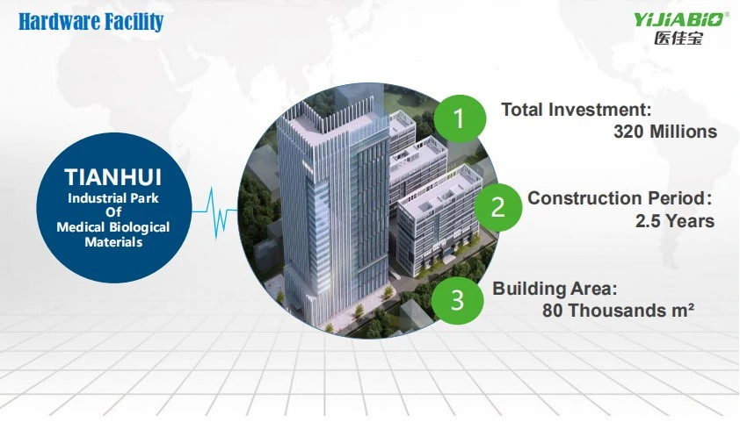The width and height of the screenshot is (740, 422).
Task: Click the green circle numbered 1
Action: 460,118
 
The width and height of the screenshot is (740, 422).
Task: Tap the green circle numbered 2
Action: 498,207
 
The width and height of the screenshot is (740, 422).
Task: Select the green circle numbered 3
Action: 457,300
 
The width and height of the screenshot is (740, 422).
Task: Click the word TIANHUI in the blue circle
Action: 113,177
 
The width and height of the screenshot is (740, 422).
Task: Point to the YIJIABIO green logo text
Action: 679,20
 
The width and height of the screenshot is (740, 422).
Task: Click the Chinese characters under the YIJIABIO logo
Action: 678,38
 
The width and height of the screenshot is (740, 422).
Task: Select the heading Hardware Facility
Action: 91,22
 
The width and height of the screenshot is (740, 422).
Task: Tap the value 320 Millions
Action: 665,132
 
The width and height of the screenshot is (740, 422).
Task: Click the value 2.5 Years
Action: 675,221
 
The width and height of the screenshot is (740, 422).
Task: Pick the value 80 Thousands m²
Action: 618,311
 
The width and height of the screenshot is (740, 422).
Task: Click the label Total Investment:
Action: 577,110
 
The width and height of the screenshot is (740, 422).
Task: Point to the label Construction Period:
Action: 620,198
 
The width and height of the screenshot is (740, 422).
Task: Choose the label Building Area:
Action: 555,289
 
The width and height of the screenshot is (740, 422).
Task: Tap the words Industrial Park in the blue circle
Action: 113,197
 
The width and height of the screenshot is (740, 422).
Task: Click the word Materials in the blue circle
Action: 113,242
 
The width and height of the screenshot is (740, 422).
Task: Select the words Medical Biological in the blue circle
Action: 113,227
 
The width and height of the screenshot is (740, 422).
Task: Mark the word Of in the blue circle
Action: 113,212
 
